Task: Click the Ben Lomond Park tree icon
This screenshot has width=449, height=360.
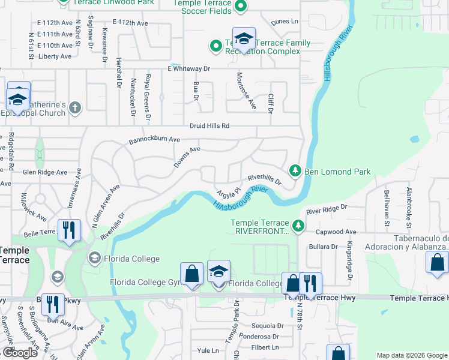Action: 295,172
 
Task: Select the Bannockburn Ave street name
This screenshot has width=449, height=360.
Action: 154,140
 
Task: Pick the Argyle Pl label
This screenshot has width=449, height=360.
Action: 229,194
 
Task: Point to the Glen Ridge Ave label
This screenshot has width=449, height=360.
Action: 45,172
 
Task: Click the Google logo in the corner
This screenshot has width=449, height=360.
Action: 19,353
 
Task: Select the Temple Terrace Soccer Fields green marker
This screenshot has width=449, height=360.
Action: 240,7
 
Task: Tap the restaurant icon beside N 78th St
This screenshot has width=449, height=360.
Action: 310,283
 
